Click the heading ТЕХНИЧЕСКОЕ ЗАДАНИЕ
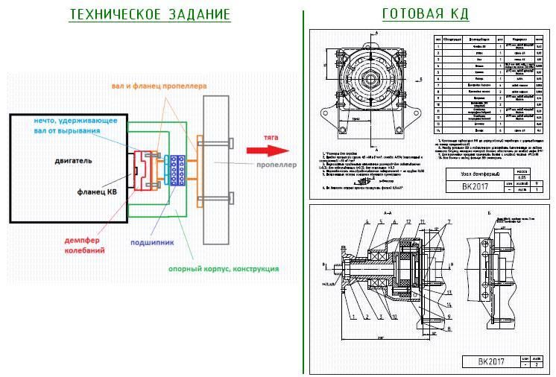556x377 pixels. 150,15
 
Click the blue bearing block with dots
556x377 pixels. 177,171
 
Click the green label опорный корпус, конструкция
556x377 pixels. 213,268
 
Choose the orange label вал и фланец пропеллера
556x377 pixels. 159,86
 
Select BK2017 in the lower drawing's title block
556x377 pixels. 482,362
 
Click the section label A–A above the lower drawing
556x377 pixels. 387,213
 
